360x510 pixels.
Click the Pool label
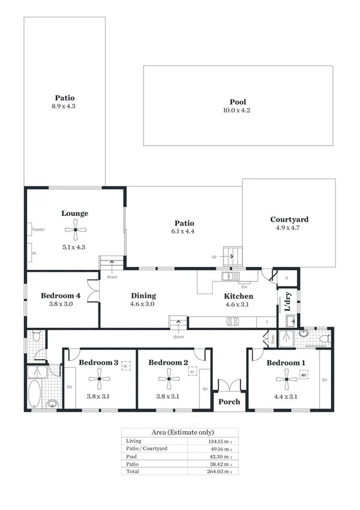pos(237,102)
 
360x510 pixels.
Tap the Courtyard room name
pos(289,220)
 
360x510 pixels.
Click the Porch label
pos(229,402)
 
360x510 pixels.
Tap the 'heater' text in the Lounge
pos(39,229)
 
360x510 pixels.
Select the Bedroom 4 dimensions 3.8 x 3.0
pos(61,304)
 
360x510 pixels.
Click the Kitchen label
pos(239,296)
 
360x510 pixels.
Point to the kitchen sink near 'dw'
pos(228,277)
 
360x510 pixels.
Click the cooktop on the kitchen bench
pos(233,322)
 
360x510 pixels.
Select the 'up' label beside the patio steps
pos(213,256)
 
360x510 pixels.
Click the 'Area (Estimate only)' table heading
pos(180,432)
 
